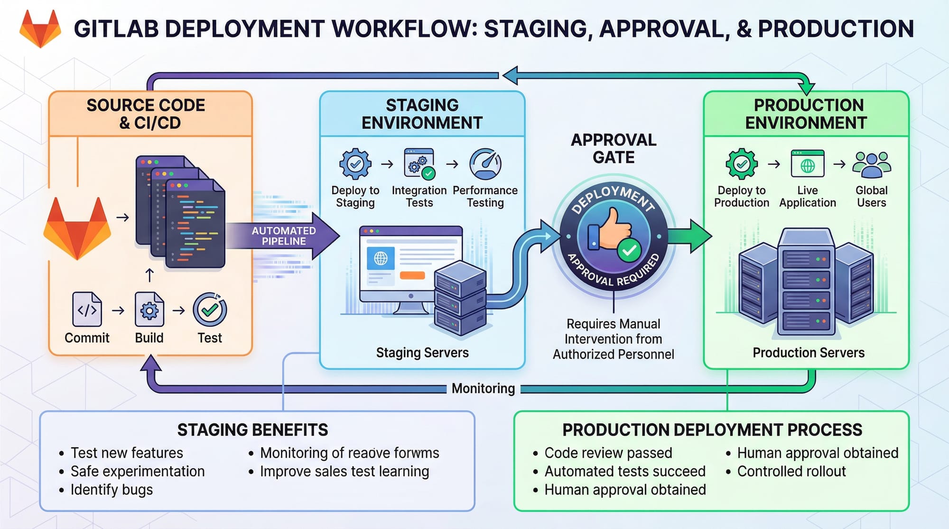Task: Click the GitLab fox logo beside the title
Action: pos(40,29)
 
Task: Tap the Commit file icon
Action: pos(87,310)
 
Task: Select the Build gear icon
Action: pos(149,310)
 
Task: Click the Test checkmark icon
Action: pos(210,310)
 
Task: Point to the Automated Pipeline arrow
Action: pos(284,236)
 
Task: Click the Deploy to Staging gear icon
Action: pos(355,164)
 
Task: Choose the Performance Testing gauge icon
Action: pos(485,164)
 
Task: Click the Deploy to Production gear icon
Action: pos(742,164)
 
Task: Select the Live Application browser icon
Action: pos(808,164)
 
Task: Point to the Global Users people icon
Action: pos(872,164)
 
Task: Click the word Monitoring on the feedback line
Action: pos(483,389)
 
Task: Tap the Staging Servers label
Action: pos(422,353)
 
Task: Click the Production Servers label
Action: pos(809,353)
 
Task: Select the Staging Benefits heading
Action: pos(252,430)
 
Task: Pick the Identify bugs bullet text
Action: pos(112,490)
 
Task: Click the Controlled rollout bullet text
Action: pos(791,472)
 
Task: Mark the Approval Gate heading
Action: pos(614,148)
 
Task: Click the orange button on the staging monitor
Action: pos(412,275)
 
